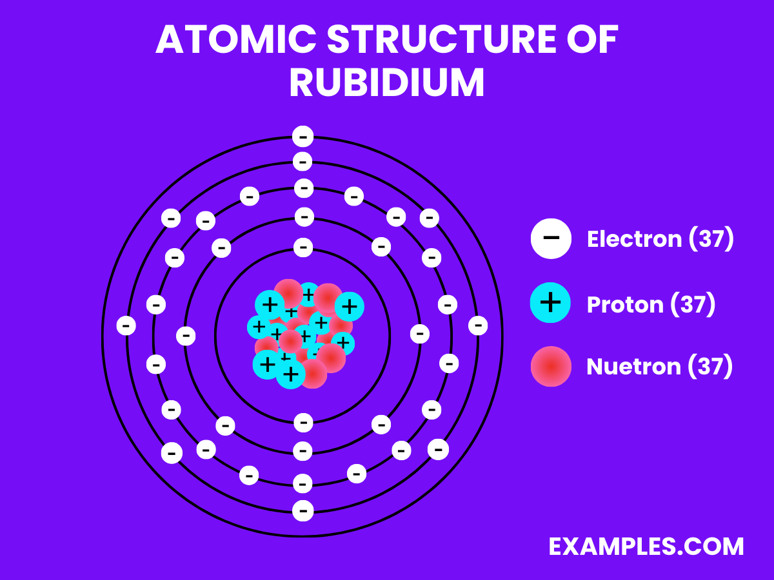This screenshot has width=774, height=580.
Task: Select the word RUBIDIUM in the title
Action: pyautogui.click(x=386, y=83)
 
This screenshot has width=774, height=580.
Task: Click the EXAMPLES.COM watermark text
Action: pyautogui.click(x=646, y=546)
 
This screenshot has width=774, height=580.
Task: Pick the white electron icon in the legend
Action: pyautogui.click(x=551, y=238)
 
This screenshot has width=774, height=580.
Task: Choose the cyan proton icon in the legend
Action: pyautogui.click(x=551, y=303)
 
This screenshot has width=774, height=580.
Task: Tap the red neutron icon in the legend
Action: pyautogui.click(x=551, y=366)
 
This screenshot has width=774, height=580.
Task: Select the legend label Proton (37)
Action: pyautogui.click(x=651, y=304)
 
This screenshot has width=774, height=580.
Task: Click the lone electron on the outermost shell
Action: pyautogui.click(x=303, y=137)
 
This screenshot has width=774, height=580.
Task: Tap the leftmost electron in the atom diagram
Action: pyautogui.click(x=126, y=325)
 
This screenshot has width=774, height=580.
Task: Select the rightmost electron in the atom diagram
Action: pyautogui.click(x=477, y=325)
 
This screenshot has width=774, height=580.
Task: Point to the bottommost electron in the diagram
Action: pyautogui.click(x=303, y=511)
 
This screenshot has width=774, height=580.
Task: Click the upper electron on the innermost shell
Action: pyautogui.click(x=303, y=247)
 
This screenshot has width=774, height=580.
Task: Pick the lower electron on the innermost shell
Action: pyautogui.click(x=303, y=423)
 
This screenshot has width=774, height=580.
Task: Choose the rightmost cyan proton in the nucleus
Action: pyautogui.click(x=349, y=306)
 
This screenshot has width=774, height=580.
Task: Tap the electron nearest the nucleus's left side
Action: pyautogui.click(x=186, y=335)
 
